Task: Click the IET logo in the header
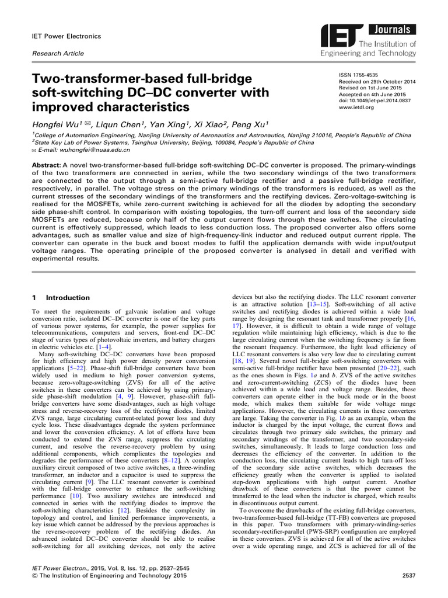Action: [x=339, y=39]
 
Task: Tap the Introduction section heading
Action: [x=68, y=298]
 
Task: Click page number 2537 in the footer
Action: [x=408, y=576]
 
